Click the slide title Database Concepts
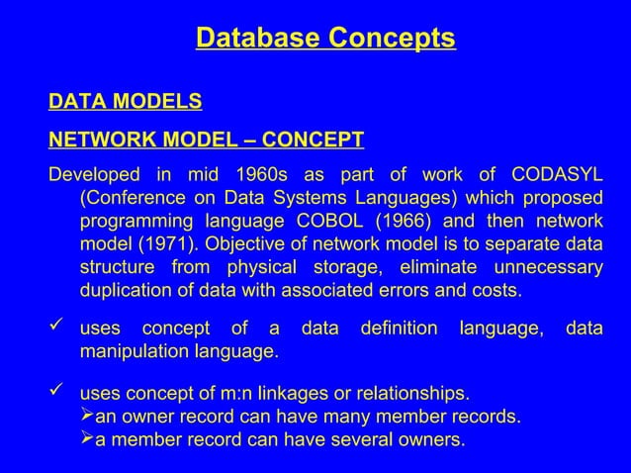click(325, 39)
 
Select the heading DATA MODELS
click(126, 102)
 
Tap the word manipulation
click(132, 351)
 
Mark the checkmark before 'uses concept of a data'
click(57, 328)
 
